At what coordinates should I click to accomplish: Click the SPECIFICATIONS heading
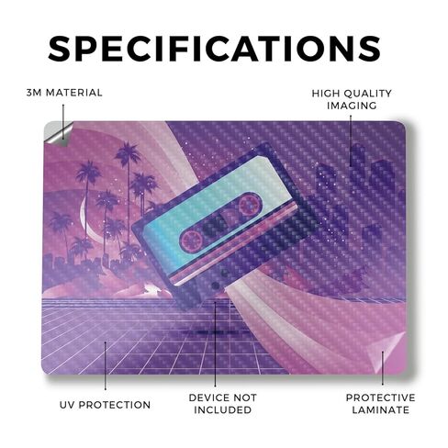(x=215, y=49)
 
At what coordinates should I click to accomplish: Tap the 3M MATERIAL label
(x=64, y=93)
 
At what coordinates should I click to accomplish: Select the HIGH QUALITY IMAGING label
(x=352, y=99)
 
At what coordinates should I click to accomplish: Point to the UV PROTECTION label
(x=105, y=405)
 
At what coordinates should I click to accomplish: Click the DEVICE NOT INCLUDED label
(x=223, y=404)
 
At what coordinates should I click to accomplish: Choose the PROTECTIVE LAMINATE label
(x=380, y=404)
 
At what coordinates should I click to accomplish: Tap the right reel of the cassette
(x=250, y=204)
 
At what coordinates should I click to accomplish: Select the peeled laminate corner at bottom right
(x=387, y=352)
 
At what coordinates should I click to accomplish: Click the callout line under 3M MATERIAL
(x=63, y=121)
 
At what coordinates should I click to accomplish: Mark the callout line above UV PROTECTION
(x=105, y=365)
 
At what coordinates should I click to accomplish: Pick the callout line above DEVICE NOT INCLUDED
(x=215, y=344)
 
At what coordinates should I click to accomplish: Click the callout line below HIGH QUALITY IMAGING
(x=351, y=140)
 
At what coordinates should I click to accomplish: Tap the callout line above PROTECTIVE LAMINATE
(x=382, y=368)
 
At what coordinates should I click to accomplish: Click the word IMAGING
(x=352, y=106)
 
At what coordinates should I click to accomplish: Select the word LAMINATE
(x=380, y=409)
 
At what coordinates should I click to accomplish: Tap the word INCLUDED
(x=223, y=409)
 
